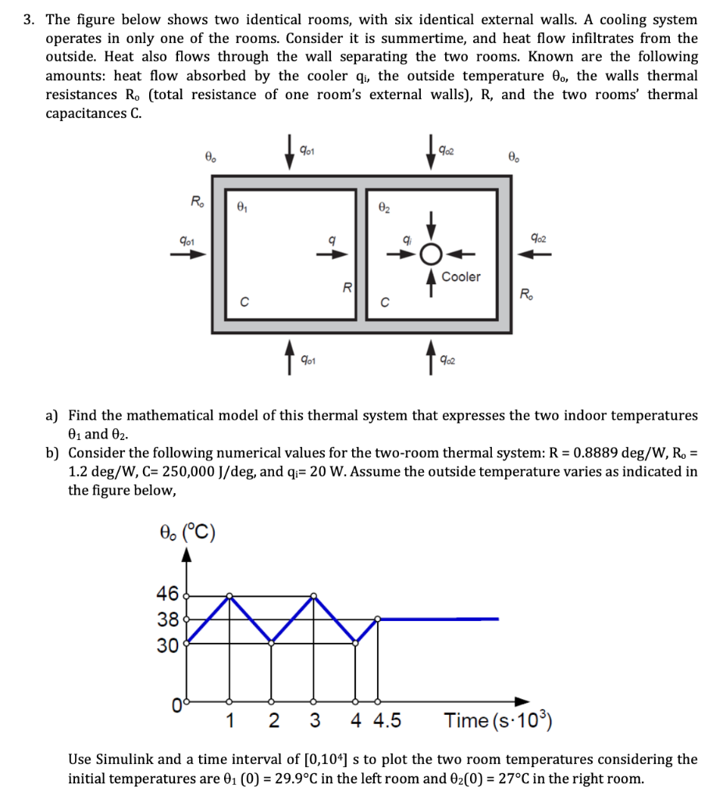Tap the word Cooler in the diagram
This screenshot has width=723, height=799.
[x=461, y=277]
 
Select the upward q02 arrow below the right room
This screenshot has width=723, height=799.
[x=430, y=361]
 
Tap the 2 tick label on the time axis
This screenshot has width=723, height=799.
[x=272, y=721]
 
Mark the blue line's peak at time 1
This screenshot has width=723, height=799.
[x=230, y=596]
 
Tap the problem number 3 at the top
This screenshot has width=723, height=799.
[x=27, y=20]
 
